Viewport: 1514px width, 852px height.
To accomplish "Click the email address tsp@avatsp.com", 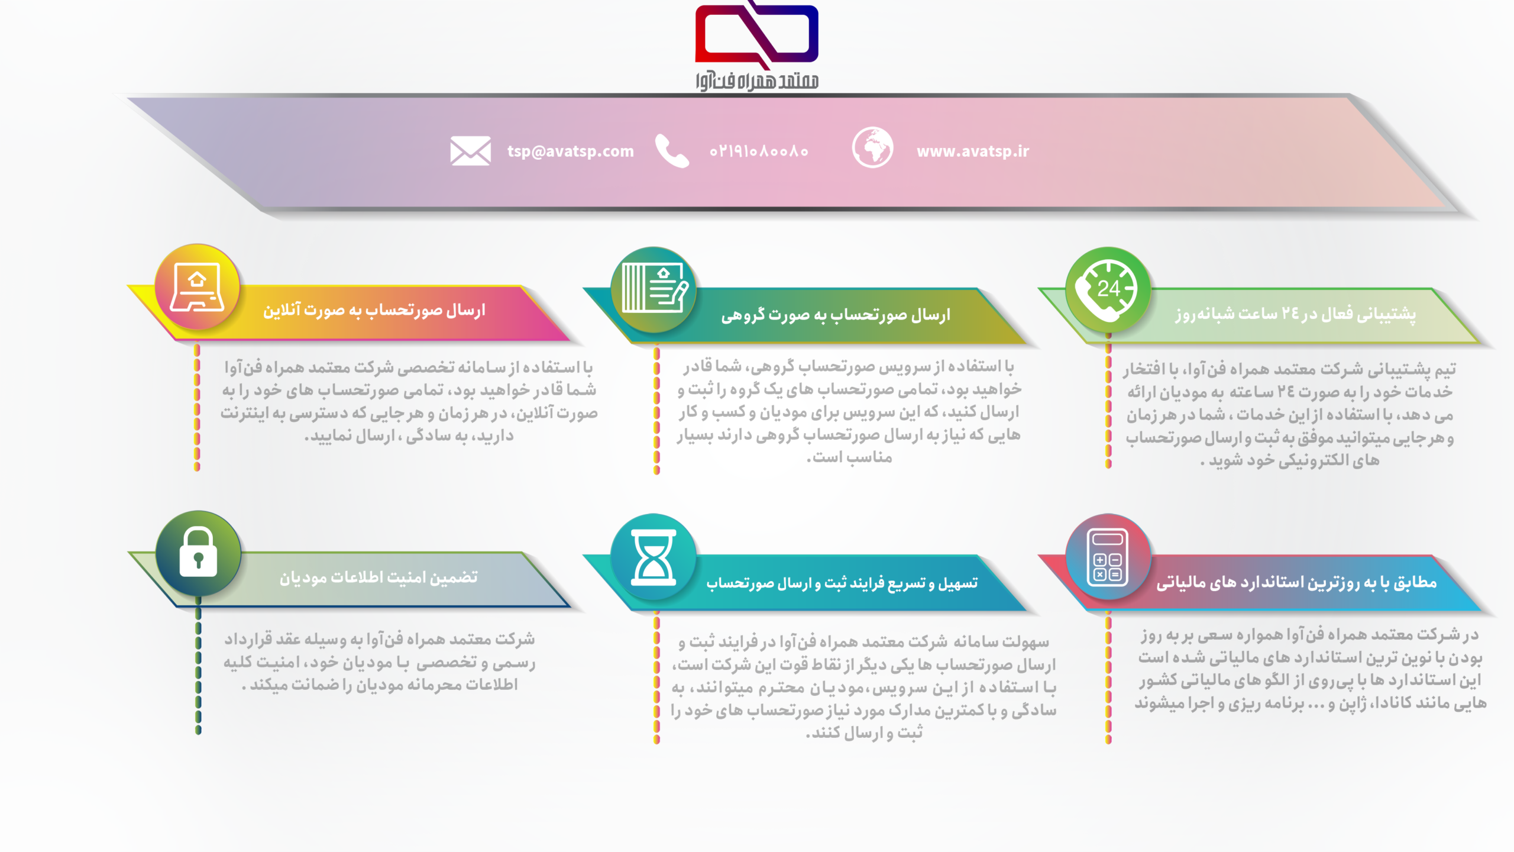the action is click(x=570, y=151).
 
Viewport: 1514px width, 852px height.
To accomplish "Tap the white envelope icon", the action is click(x=470, y=151).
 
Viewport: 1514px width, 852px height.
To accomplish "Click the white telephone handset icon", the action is click(x=672, y=151).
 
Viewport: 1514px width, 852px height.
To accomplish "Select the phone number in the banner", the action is click(x=759, y=151).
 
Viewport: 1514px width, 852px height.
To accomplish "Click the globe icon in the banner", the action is click(x=872, y=147).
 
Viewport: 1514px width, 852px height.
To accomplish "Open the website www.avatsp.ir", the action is click(x=973, y=151).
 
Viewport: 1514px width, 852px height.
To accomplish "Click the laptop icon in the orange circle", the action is click(x=197, y=287).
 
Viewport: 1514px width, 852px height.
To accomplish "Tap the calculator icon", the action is click(x=1108, y=556).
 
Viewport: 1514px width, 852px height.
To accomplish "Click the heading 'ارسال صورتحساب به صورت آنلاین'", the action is click(x=374, y=311).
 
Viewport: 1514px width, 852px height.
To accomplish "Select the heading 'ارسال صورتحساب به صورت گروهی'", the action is click(x=836, y=315).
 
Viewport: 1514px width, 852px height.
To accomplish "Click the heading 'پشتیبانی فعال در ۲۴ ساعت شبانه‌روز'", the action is click(x=1296, y=314).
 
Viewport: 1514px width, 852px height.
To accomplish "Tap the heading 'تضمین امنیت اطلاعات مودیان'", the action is click(x=378, y=577).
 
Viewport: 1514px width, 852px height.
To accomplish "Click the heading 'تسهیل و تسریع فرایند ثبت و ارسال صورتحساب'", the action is click(x=842, y=583).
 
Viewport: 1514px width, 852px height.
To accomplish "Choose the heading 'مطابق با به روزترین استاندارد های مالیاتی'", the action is click(x=1296, y=583).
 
